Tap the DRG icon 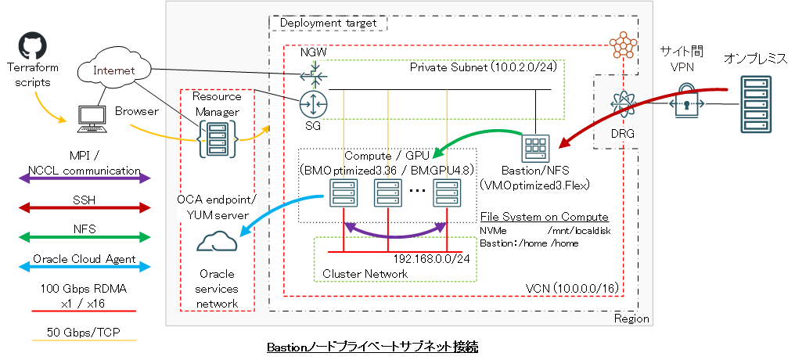[x=624, y=105]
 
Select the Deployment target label [x=329, y=23]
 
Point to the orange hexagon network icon [x=624, y=45]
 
